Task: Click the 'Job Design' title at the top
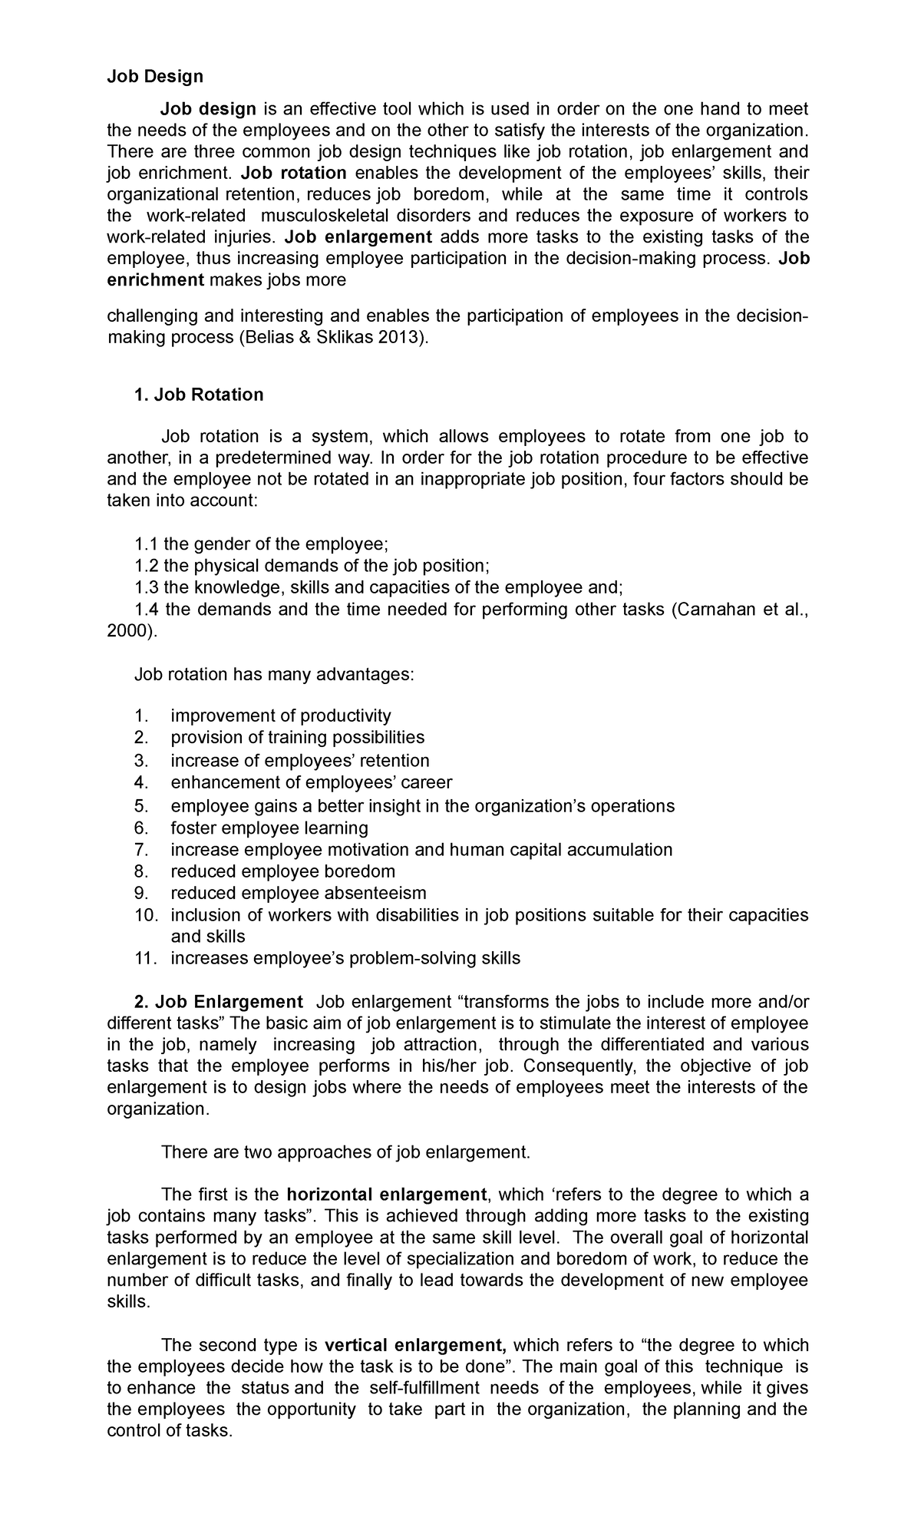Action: click(x=154, y=76)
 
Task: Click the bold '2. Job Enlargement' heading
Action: click(x=217, y=1002)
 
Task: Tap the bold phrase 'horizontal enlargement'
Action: click(x=386, y=1195)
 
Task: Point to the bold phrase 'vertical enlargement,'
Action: click(x=415, y=1345)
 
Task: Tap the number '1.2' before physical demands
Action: click(x=146, y=566)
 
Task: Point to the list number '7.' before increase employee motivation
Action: click(x=140, y=850)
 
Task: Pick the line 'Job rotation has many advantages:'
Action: click(x=274, y=675)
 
